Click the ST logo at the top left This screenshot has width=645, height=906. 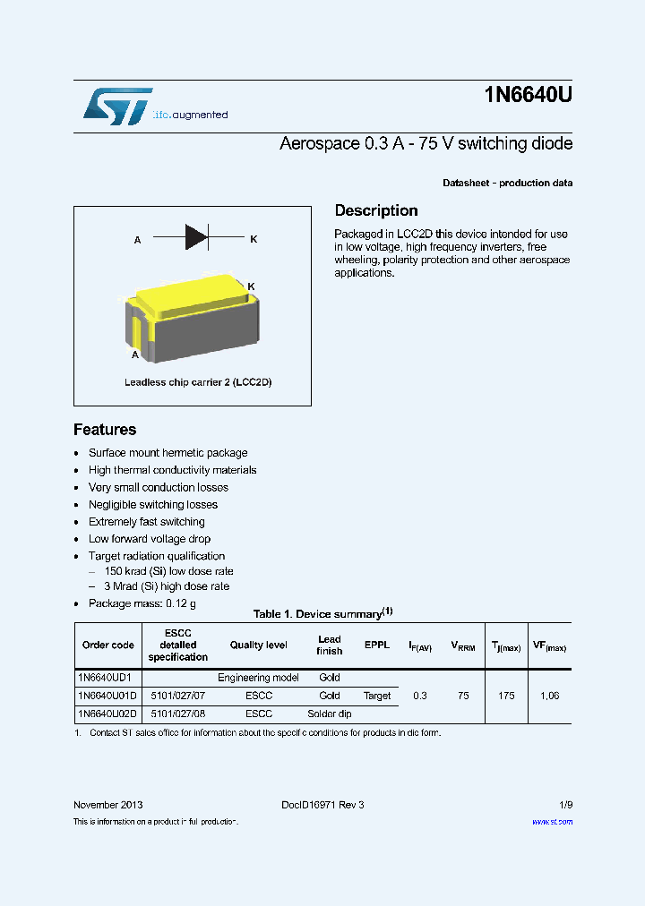pos(117,106)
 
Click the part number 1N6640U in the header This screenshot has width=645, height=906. pos(528,97)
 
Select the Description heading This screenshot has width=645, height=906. pos(376,210)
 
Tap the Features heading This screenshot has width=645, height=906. pos(105,429)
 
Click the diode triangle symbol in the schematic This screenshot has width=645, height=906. pos(196,237)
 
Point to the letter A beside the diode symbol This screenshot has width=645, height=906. pos(137,240)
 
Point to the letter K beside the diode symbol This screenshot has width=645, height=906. pos(254,239)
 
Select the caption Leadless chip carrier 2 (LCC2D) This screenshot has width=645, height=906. pos(197,382)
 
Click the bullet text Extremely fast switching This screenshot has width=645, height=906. pos(147,522)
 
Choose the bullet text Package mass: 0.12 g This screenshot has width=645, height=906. pos(142,603)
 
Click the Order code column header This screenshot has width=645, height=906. pos(108,645)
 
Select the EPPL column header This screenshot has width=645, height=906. pos(377,645)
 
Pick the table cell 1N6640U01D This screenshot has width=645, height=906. pos(107,696)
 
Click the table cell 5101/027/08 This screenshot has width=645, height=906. pos(177,714)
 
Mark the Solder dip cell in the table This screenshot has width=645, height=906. pos(330,714)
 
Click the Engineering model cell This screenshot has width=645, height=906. pos(258,678)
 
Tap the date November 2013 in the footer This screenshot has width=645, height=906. pos(107,805)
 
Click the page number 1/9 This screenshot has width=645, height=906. pos(565,805)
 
